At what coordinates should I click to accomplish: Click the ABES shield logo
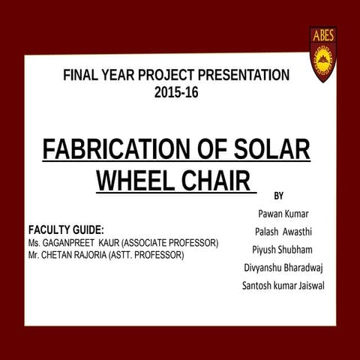(322, 54)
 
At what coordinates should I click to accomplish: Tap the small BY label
(279, 196)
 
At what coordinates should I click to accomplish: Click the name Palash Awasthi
(283, 231)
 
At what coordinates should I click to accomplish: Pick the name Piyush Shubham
(283, 249)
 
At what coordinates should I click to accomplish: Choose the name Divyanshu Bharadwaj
(283, 267)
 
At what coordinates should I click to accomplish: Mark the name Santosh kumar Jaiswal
(283, 285)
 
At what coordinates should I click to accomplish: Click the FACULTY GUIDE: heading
(65, 229)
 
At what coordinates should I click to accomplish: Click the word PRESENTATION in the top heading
(240, 75)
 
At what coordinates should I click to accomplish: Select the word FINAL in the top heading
(80, 75)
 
